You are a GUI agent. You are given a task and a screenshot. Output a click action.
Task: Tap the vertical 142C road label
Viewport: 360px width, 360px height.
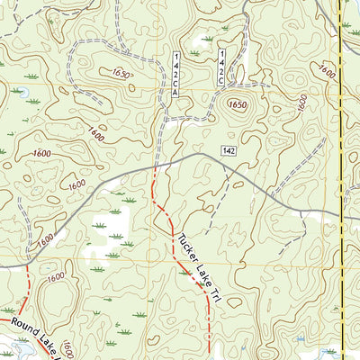point(221,67)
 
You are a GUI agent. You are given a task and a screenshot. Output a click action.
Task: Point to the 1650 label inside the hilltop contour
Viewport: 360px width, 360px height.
point(237,104)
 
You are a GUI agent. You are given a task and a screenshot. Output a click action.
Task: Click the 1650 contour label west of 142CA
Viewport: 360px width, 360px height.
point(122,73)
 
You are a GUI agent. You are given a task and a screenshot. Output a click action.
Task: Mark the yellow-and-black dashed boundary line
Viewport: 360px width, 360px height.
point(341,180)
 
